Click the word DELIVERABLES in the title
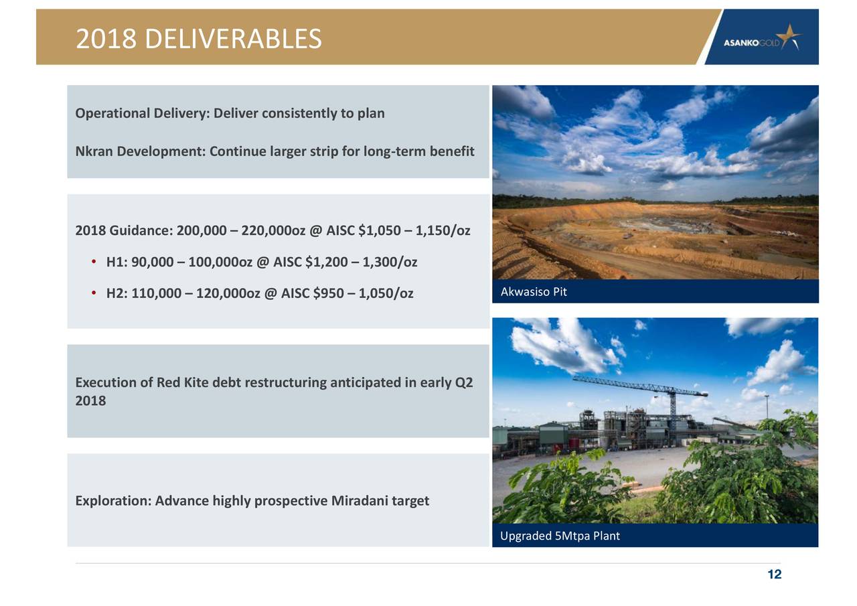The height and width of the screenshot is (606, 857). (233, 39)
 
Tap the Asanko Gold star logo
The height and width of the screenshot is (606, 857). (791, 36)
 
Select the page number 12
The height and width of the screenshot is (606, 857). (775, 575)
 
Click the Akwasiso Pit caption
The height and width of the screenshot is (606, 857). (534, 292)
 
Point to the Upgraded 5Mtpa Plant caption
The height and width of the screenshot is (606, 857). (560, 536)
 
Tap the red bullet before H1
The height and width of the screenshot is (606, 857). (94, 262)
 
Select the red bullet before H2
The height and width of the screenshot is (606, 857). (94, 293)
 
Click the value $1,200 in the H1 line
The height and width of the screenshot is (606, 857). (326, 262)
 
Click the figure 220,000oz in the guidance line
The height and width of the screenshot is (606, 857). (273, 230)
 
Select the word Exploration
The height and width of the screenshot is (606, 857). (113, 501)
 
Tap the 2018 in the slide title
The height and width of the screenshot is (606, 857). (106, 39)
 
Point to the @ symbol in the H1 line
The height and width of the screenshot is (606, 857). (263, 262)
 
